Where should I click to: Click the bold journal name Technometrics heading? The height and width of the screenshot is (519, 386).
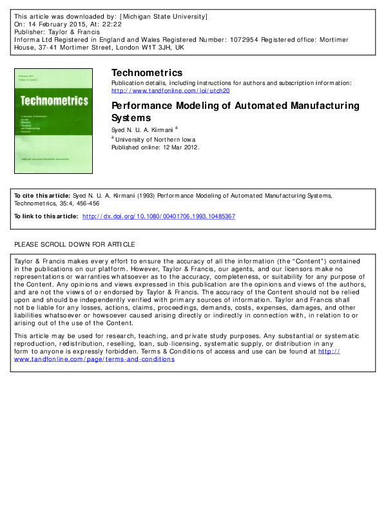(x=147, y=72)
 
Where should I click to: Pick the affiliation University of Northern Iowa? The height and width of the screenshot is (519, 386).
(x=155, y=138)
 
